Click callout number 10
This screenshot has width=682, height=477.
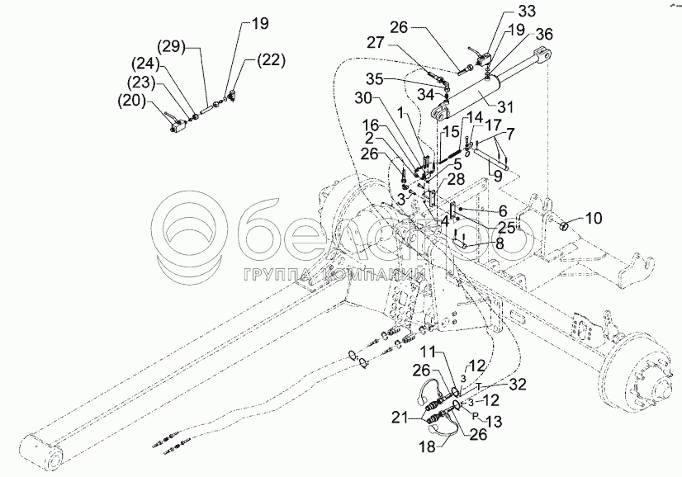594,218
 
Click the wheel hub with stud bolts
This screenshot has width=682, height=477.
639,385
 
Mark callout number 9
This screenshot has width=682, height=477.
497,174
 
